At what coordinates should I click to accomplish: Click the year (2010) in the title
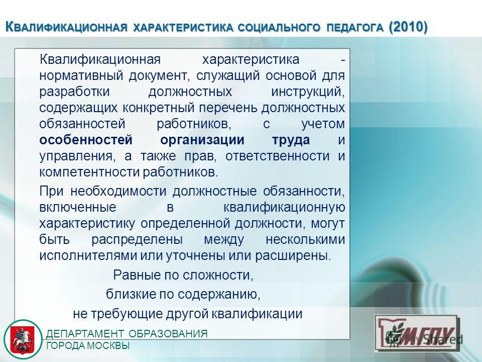[408, 27]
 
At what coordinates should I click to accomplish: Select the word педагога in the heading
[355, 27]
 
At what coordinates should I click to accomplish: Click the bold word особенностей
[86, 140]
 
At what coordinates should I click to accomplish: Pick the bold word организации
[202, 140]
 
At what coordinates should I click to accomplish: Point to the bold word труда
[291, 140]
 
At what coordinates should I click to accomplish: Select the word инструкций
[308, 92]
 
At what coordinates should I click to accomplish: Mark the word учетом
[323, 124]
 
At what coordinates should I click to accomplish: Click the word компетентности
[89, 172]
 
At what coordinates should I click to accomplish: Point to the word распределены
[137, 239]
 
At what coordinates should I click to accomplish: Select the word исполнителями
[88, 255]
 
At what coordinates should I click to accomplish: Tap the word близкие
[130, 294]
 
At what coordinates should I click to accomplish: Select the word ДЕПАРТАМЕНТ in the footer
[85, 334]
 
